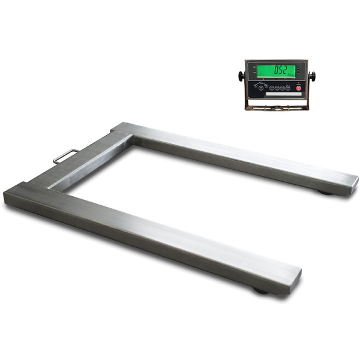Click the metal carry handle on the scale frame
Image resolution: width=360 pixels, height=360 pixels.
tap(65, 155)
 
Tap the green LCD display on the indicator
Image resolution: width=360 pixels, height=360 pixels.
tap(276, 71)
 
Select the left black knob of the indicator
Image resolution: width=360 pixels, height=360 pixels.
tap(241, 76)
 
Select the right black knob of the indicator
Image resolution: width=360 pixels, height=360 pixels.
tap(313, 76)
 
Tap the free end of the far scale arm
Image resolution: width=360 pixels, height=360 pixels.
tap(348, 179)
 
